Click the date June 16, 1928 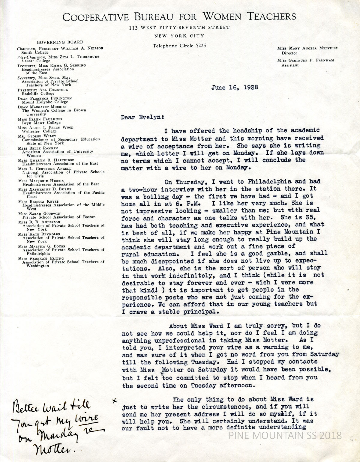pos(235,88)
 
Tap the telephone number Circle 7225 pos(179,46)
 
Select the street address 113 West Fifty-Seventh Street pos(179,27)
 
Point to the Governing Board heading pos(60,42)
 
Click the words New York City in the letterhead pos(179,36)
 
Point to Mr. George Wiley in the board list pos(37,136)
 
